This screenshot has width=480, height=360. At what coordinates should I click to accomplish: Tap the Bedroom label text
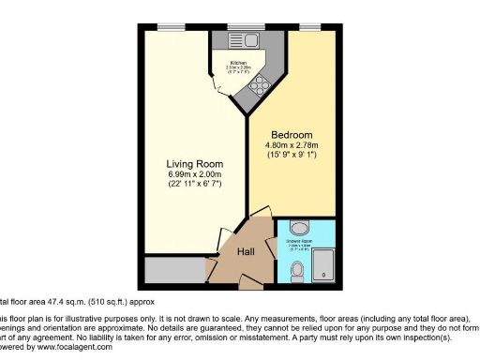[292, 135]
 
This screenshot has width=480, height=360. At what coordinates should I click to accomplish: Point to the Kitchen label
[238, 63]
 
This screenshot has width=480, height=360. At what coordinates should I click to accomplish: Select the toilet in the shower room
[297, 272]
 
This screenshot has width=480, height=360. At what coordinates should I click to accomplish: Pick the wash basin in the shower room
[297, 228]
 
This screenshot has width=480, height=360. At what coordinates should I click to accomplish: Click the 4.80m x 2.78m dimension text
[292, 146]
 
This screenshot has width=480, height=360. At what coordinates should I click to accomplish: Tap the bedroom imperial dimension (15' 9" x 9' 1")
[292, 157]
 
